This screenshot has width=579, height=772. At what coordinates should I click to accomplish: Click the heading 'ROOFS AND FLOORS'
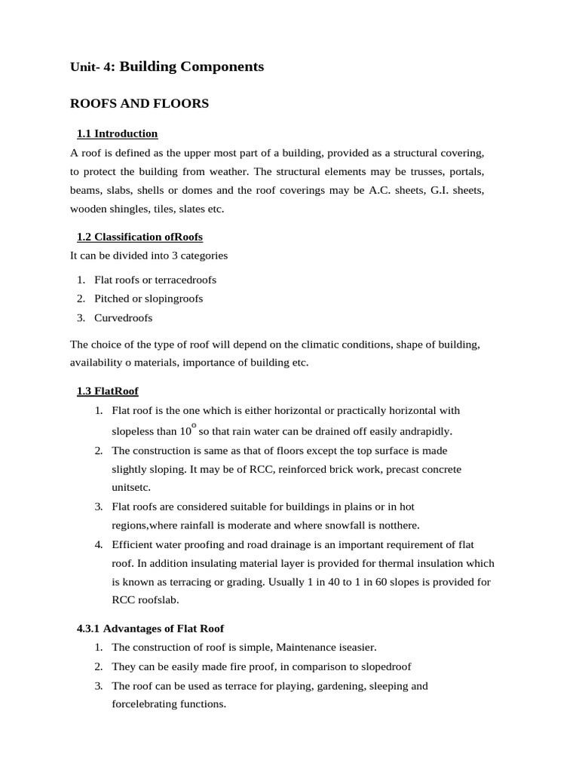pos(139,104)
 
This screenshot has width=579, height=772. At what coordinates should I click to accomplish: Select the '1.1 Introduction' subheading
pos(117,133)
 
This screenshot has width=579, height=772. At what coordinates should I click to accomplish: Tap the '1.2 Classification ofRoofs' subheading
pos(139,237)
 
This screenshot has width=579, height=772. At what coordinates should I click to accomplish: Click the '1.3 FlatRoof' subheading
pos(107,391)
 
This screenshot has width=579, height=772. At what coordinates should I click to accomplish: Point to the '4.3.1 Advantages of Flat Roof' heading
pos(150,628)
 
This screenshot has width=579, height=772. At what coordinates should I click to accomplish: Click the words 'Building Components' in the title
pos(191,67)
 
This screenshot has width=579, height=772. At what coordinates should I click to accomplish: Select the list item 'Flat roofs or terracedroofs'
pos(155,280)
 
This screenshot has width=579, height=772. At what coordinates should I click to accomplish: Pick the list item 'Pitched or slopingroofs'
pos(149,299)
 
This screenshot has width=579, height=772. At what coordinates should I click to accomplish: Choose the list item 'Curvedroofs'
pos(123,317)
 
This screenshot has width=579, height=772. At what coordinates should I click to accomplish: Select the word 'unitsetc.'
pos(131,488)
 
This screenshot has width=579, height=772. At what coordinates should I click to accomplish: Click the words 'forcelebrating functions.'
pos(168,704)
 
